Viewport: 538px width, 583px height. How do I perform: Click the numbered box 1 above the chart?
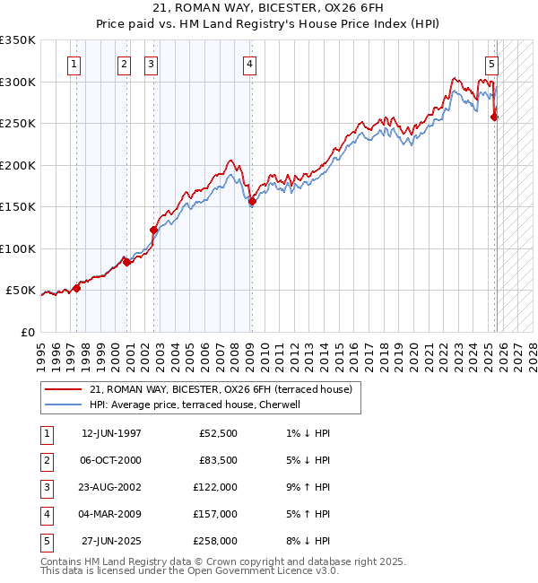click(73, 64)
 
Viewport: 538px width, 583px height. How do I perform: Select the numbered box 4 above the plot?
click(248, 64)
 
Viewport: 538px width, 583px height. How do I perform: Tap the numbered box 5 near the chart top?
click(492, 64)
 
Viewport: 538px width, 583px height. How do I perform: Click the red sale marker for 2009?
click(252, 202)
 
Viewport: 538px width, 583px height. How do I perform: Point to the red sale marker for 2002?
click(153, 231)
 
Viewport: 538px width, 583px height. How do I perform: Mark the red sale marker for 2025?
click(495, 117)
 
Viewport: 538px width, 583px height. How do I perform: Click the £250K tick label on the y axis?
click(18, 124)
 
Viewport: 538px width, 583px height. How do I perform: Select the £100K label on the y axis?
click(18, 249)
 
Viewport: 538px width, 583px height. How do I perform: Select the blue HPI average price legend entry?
click(199, 405)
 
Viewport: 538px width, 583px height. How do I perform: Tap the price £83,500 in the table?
click(218, 460)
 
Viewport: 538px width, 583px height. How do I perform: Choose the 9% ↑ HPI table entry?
click(310, 487)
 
